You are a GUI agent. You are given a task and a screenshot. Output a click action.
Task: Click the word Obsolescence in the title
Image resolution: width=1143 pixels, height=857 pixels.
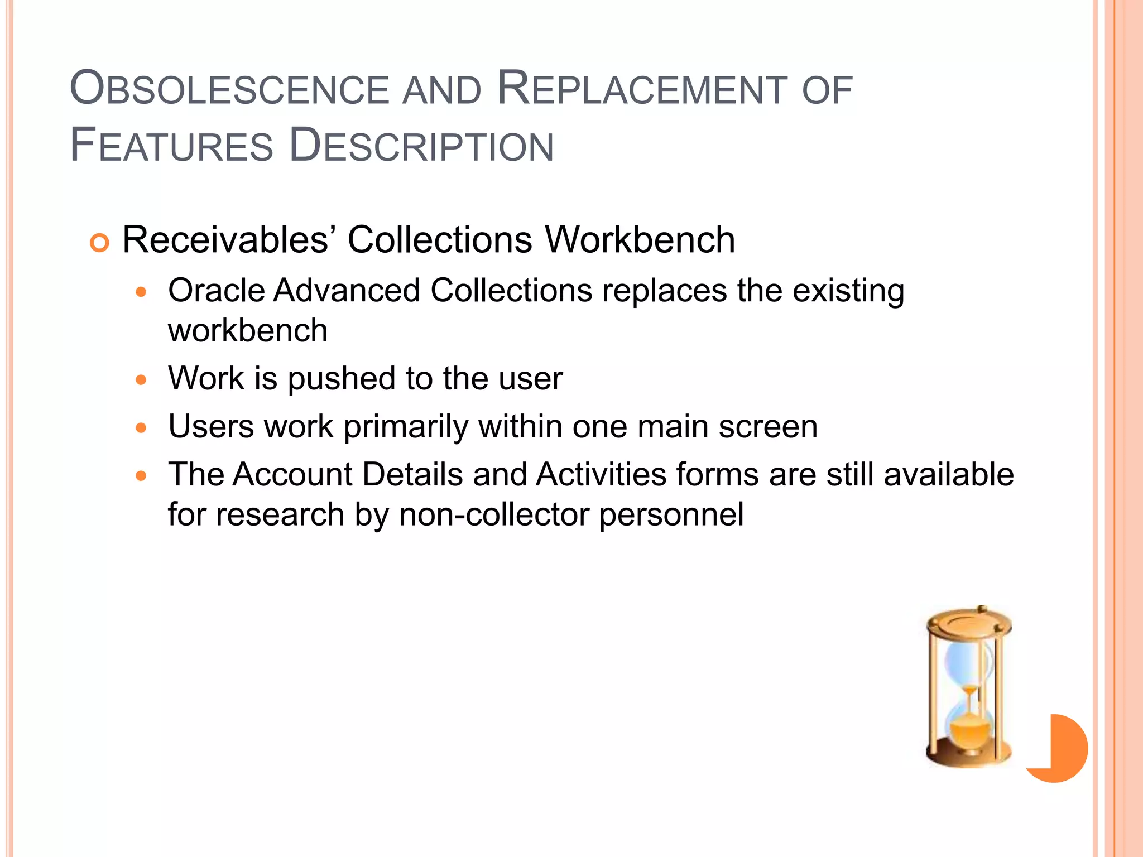pos(229,89)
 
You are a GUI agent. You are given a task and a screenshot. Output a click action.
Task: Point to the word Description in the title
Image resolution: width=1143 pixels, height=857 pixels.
pos(421,146)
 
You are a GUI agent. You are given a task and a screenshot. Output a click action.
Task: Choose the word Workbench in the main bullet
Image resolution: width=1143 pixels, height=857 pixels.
pos(640,240)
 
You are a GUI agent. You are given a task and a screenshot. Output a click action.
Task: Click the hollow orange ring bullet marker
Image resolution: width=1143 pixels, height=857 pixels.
pos(99,243)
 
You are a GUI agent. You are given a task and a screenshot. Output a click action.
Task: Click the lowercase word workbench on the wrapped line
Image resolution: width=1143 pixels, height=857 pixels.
pos(248,330)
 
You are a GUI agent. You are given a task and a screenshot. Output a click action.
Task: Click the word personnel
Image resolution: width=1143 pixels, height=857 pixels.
pos(671,514)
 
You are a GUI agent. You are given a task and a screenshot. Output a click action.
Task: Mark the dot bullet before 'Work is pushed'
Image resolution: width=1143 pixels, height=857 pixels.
pos(141,381)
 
